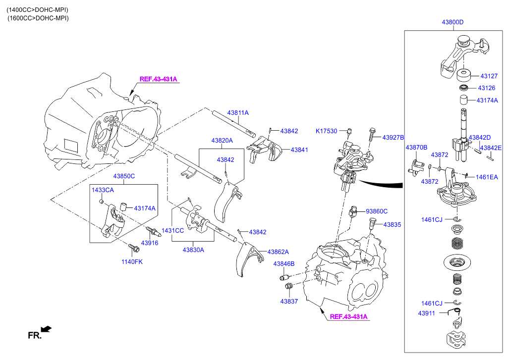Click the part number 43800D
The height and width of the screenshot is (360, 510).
453,22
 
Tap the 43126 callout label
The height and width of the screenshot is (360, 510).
486,88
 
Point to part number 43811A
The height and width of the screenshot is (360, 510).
238,113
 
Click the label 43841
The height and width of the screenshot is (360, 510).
299,150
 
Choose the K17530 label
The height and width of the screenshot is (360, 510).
326,131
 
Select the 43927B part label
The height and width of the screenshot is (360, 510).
393,137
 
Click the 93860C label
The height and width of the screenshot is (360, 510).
377,211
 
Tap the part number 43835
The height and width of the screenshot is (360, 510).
393,224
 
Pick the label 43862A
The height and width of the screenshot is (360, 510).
278,252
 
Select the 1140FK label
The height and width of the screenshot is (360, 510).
132,261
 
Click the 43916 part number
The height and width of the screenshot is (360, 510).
149,243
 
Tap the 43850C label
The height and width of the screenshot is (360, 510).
124,176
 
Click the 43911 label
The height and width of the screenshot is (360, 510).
426,313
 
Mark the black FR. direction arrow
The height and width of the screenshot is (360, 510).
46,328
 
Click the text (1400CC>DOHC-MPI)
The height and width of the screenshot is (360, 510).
38,9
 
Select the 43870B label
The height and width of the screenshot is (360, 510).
416,148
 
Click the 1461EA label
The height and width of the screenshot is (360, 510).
487,177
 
